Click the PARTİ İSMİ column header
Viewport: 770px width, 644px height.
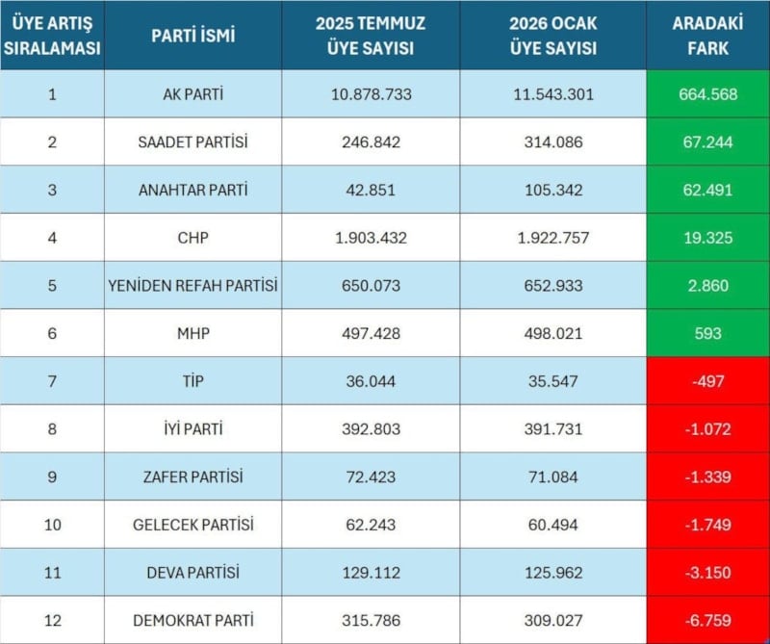[192, 36]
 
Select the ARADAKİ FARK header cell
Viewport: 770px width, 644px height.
[707, 36]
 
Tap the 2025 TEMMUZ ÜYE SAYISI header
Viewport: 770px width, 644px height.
[371, 36]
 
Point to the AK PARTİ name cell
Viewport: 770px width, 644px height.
[192, 94]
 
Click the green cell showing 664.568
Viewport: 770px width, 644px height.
[707, 94]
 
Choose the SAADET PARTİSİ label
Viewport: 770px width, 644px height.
[192, 142]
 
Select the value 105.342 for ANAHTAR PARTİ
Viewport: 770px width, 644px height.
[552, 190]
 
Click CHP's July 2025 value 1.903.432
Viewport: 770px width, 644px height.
[371, 238]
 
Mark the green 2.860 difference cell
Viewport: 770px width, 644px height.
[707, 286]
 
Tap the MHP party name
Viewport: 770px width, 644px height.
[192, 333]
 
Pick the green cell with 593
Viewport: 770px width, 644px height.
[707, 333]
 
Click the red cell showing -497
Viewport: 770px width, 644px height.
[707, 381]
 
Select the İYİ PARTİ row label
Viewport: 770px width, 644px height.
[192, 429]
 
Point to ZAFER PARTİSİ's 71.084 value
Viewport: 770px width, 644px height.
[552, 477]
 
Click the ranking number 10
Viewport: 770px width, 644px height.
[52, 525]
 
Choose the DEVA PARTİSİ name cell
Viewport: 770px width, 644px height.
[192, 572]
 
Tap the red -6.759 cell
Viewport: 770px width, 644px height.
[707, 620]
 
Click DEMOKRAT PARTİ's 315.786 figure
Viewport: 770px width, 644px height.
[371, 620]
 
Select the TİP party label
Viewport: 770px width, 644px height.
[192, 381]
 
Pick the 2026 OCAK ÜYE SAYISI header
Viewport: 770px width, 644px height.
[552, 36]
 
